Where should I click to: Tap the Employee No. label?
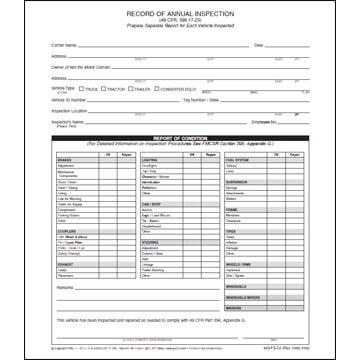tap(262, 122)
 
